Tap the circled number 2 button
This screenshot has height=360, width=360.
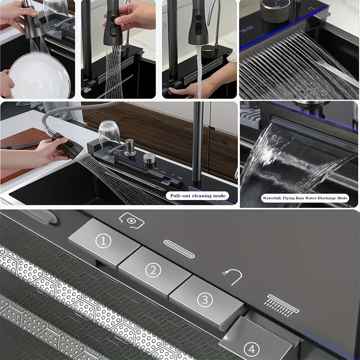153,269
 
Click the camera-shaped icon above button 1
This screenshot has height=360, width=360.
132,221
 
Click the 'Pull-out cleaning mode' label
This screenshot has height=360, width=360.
198,196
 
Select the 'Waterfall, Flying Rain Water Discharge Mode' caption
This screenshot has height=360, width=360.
305,198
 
